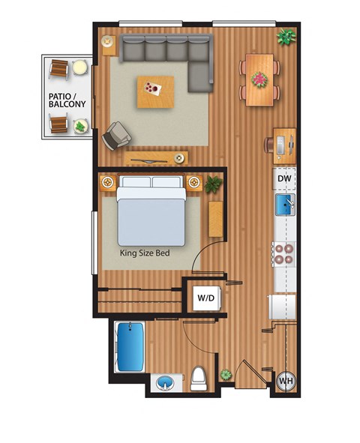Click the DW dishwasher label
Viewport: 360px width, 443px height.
click(x=284, y=179)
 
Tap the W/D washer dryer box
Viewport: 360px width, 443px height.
click(x=205, y=298)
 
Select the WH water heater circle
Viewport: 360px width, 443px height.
click(x=285, y=382)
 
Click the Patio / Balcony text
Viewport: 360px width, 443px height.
click(x=66, y=100)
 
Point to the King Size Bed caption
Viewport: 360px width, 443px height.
click(x=145, y=253)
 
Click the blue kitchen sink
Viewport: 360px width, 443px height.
click(x=285, y=203)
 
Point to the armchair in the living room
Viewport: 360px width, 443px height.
click(x=118, y=135)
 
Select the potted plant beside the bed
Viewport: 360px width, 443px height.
click(x=214, y=183)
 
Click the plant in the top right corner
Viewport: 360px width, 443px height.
click(x=285, y=36)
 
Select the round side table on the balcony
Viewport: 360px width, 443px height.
click(x=79, y=67)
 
